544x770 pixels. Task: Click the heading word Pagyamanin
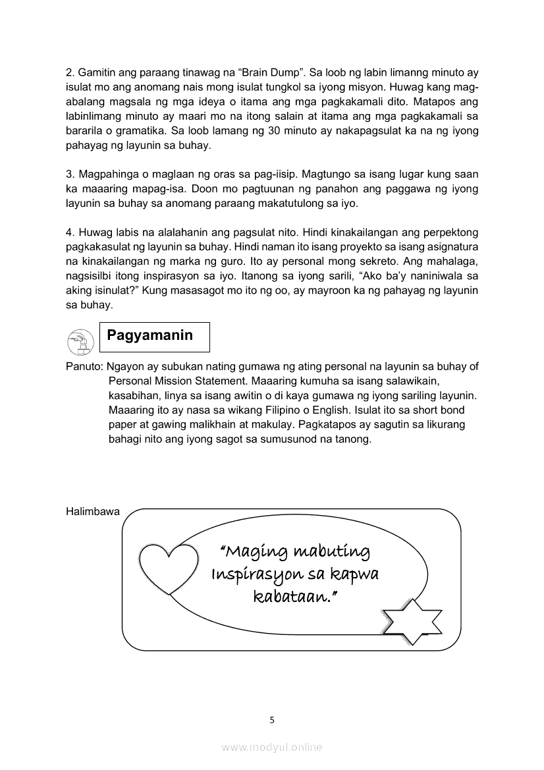click(x=150, y=335)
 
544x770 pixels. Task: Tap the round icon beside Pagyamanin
click(x=80, y=341)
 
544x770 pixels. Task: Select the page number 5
click(x=272, y=719)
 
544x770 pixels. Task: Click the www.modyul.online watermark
click(x=272, y=747)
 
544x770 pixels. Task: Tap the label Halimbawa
click(x=93, y=511)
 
